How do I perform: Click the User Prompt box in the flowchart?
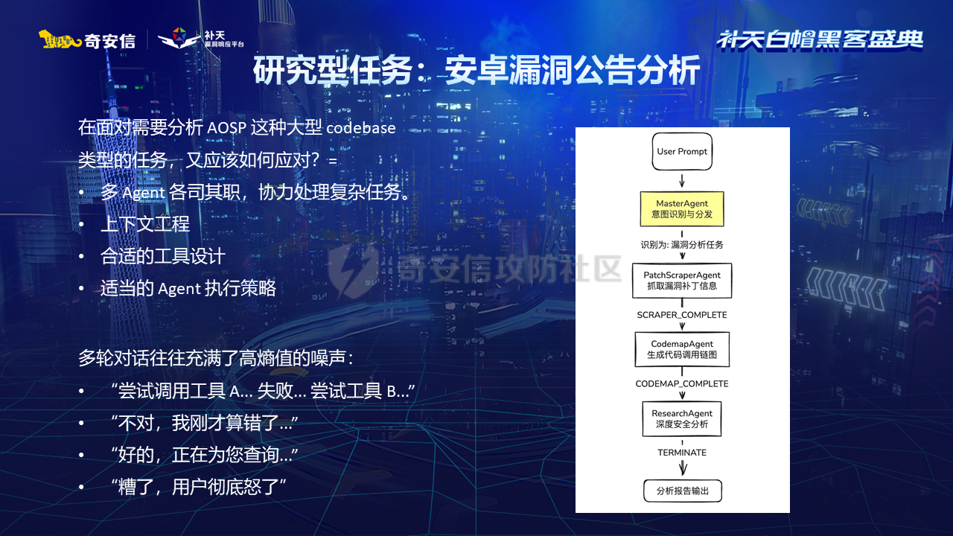point(682,152)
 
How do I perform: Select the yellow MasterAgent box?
point(682,209)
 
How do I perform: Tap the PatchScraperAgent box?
point(682,281)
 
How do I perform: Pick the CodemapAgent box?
point(682,350)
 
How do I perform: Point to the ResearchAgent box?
point(682,418)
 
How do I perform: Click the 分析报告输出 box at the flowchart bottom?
point(682,491)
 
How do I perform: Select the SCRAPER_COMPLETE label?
point(682,315)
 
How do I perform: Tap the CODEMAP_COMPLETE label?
point(682,384)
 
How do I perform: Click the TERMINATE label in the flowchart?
point(682,453)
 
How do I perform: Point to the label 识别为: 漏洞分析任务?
point(682,244)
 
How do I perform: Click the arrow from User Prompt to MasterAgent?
point(682,180)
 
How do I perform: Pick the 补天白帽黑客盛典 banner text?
point(820,39)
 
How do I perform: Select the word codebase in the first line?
point(360,127)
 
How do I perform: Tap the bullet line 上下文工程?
point(145,223)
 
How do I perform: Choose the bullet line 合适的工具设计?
point(162,256)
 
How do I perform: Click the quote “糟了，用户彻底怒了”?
point(198,487)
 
